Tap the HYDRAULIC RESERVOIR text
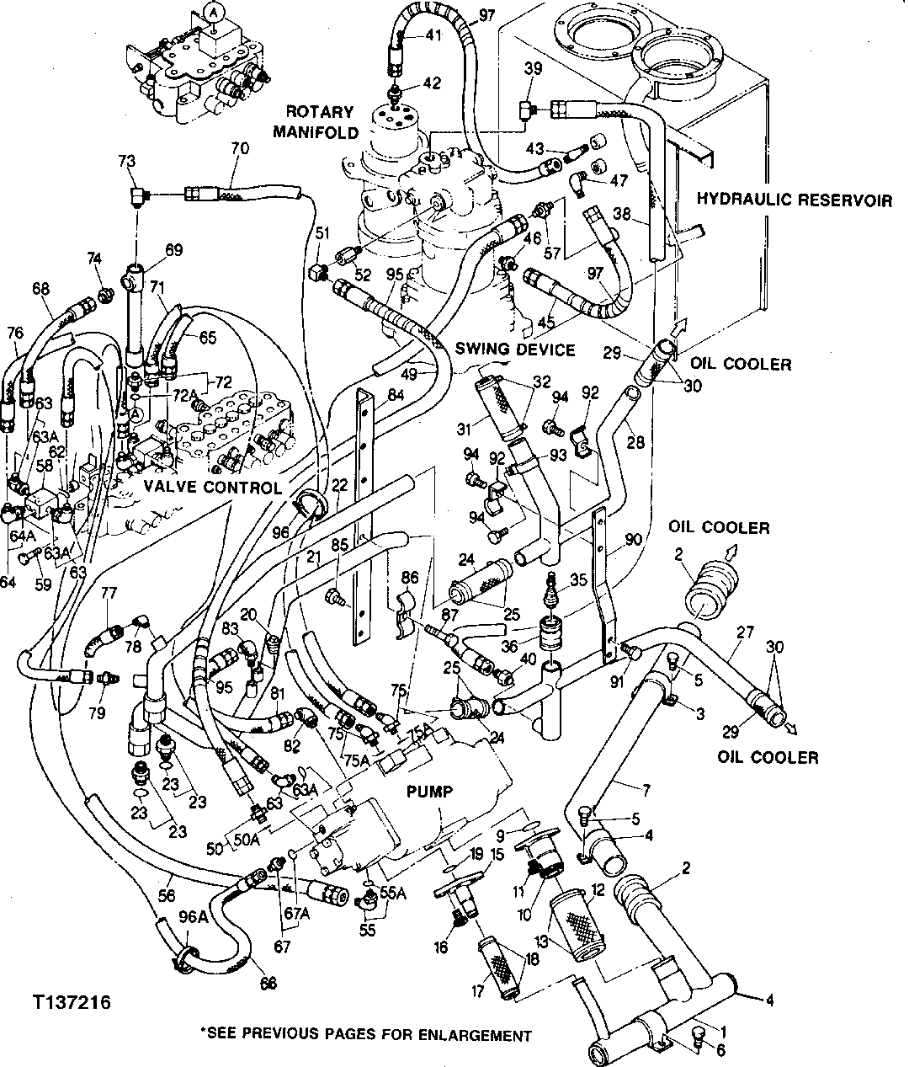click(x=795, y=200)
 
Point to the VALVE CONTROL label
click(x=211, y=488)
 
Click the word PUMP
click(x=430, y=792)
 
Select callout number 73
click(x=126, y=161)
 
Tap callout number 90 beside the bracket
click(x=633, y=539)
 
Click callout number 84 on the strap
click(x=396, y=394)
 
